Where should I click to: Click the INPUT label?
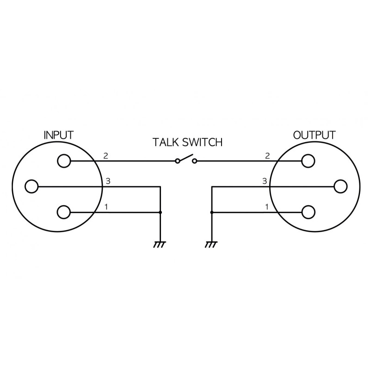pyautogui.click(x=58, y=136)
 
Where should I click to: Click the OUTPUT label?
pyautogui.click(x=314, y=136)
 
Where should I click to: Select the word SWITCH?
pyautogui.click(x=203, y=142)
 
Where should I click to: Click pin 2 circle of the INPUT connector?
pyautogui.click(x=64, y=161)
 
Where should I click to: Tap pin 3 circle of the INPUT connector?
pyautogui.click(x=32, y=186)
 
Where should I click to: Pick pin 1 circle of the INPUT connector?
pyautogui.click(x=64, y=212)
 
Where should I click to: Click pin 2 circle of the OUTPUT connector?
pyautogui.click(x=308, y=161)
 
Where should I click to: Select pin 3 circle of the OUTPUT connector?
pyautogui.click(x=340, y=186)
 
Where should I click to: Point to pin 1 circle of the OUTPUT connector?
pyautogui.click(x=308, y=212)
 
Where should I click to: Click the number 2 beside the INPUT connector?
pyautogui.click(x=106, y=156)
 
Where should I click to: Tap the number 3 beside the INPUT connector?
pyautogui.click(x=108, y=181)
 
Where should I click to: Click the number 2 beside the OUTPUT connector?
pyautogui.click(x=267, y=156)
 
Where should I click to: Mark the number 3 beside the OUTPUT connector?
pyautogui.click(x=265, y=181)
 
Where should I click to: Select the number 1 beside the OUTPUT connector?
pyautogui.click(x=267, y=207)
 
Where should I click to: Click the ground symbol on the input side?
pyautogui.click(x=160, y=244)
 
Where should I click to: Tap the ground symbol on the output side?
pyautogui.click(x=211, y=244)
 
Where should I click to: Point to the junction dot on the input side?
pyautogui.click(x=160, y=212)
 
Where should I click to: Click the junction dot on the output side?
pyautogui.click(x=211, y=212)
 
